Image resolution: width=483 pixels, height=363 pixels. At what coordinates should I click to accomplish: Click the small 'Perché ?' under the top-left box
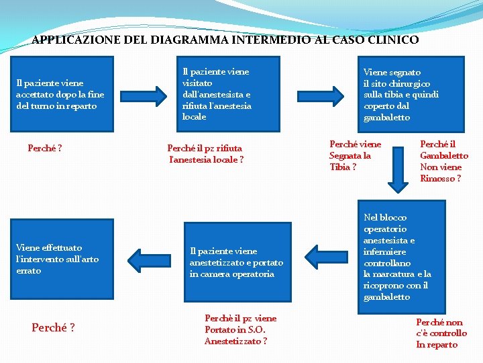click(x=45, y=148)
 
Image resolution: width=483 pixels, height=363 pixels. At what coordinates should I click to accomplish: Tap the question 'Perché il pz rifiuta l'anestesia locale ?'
click(x=205, y=154)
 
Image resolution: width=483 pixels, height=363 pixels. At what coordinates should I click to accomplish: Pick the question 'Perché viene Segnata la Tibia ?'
click(x=355, y=155)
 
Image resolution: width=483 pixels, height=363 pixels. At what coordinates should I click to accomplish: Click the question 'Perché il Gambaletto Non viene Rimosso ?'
click(x=443, y=161)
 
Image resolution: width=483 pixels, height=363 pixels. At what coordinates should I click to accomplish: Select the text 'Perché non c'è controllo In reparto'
click(x=441, y=333)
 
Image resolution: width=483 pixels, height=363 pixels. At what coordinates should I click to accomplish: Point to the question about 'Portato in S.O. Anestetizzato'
click(x=240, y=329)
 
